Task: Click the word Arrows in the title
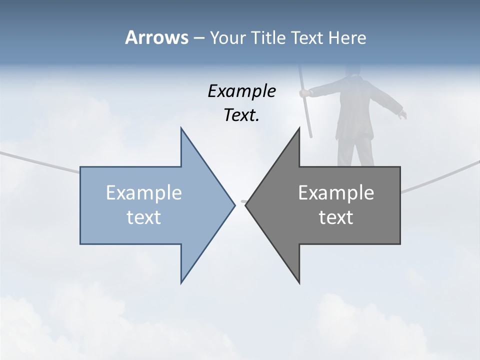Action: [156, 37]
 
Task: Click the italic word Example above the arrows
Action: [241, 91]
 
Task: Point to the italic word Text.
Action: [241, 115]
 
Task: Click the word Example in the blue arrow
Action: [143, 193]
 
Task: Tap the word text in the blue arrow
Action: [143, 217]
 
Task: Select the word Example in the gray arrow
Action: [336, 193]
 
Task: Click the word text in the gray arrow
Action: [336, 217]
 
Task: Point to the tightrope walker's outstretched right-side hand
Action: [402, 115]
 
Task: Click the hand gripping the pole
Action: [303, 93]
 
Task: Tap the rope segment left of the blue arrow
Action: [40, 161]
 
